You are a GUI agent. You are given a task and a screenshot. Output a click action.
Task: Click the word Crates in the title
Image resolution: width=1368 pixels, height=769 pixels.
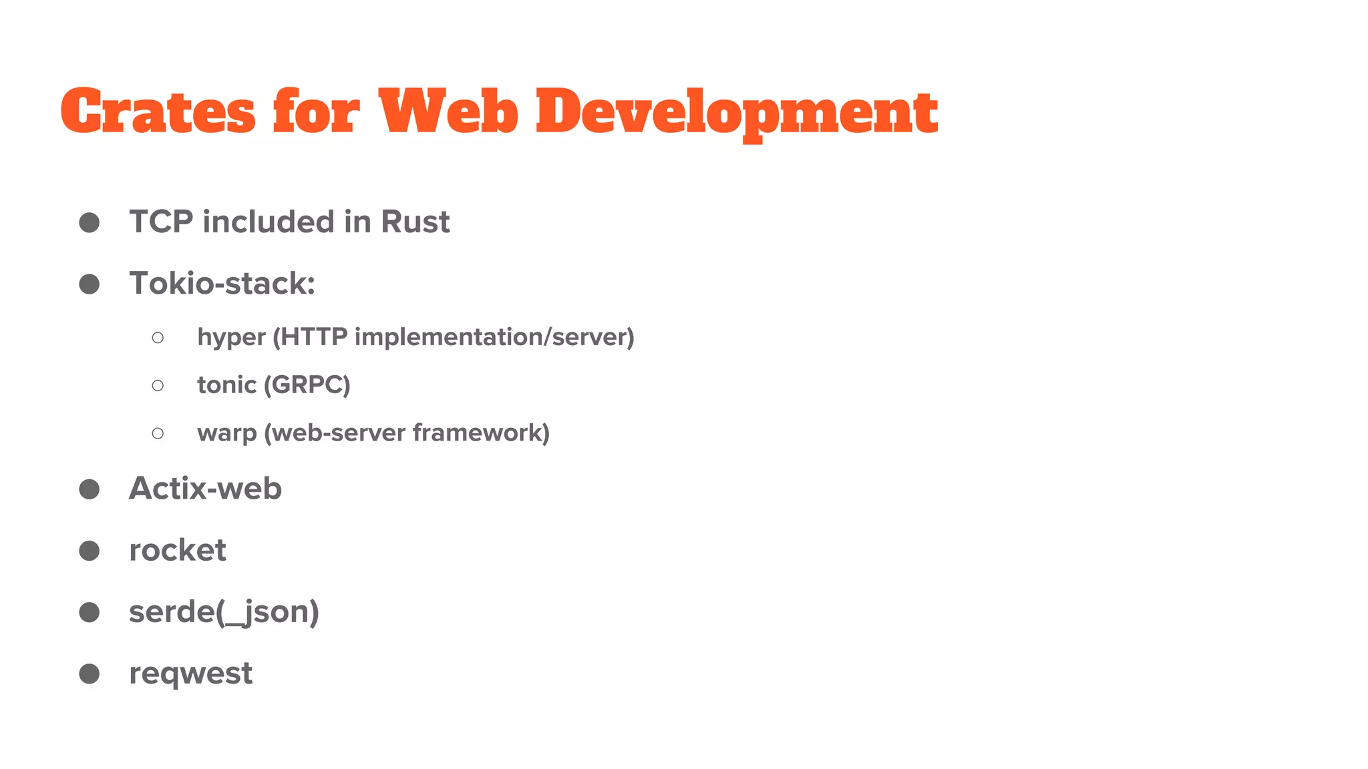[158, 111]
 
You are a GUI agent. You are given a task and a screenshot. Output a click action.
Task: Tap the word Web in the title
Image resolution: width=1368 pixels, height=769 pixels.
[448, 111]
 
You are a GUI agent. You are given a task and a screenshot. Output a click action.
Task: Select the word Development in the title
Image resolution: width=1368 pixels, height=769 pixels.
[737, 111]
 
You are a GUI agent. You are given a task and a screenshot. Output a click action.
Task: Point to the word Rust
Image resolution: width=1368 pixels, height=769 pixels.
[415, 222]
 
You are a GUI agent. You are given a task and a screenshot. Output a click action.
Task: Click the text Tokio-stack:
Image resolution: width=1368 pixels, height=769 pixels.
[222, 283]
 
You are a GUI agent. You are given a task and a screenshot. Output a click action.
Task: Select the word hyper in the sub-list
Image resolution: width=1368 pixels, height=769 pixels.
[231, 337]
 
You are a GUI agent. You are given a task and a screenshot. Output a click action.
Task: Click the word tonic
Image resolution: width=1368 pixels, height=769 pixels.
[226, 385]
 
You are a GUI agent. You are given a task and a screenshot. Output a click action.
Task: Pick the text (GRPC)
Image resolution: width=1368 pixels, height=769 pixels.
[307, 385]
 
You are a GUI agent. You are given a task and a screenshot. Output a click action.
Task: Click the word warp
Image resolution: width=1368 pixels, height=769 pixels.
[226, 433]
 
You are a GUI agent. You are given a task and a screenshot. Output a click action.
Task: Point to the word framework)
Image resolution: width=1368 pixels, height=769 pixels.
[481, 433]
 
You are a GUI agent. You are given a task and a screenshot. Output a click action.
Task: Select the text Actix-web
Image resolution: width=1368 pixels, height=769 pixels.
[205, 489]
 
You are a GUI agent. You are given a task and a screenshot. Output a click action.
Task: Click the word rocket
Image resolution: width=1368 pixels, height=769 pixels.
[177, 550]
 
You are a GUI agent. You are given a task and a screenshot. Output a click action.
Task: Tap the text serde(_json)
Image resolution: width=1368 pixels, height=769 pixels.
[224, 612]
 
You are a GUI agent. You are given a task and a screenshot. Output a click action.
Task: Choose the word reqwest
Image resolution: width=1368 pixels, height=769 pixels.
[190, 674]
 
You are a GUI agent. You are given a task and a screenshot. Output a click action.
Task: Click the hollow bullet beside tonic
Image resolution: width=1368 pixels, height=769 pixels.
[158, 385]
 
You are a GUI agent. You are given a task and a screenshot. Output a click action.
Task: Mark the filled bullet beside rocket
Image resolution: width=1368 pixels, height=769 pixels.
[90, 551]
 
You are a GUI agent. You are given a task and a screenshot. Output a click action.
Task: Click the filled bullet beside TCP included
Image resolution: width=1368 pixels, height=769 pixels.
[90, 222]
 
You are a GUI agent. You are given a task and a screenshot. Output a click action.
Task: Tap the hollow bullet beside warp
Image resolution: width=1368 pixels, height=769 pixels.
[158, 433]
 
